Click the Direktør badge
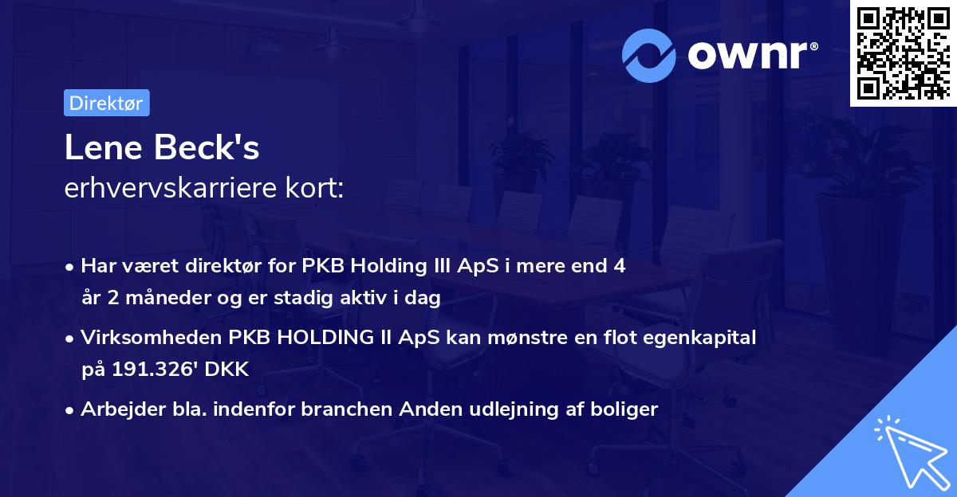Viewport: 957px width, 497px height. pyautogui.click(x=107, y=103)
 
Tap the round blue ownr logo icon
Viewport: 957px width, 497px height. pyautogui.click(x=648, y=56)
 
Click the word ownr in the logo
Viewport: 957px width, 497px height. pyautogui.click(x=748, y=55)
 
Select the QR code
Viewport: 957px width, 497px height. pyautogui.click(x=904, y=53)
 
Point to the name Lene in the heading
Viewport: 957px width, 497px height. pyautogui.click(x=104, y=147)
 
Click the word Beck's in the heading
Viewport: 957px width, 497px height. pyautogui.click(x=207, y=147)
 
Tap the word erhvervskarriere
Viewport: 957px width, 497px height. pyautogui.click(x=171, y=188)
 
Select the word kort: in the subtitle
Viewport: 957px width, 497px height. pyautogui.click(x=314, y=188)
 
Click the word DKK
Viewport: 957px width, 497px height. pyautogui.click(x=226, y=369)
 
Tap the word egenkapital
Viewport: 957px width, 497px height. pyautogui.click(x=699, y=338)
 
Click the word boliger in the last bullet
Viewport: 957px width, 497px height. pyautogui.click(x=624, y=409)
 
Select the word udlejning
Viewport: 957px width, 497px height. pyautogui.click(x=514, y=409)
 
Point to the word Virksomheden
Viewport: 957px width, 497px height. pyautogui.click(x=152, y=338)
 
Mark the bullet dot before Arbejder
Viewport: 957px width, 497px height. pyautogui.click(x=69, y=411)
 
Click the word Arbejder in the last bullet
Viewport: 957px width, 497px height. pyautogui.click(x=123, y=409)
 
